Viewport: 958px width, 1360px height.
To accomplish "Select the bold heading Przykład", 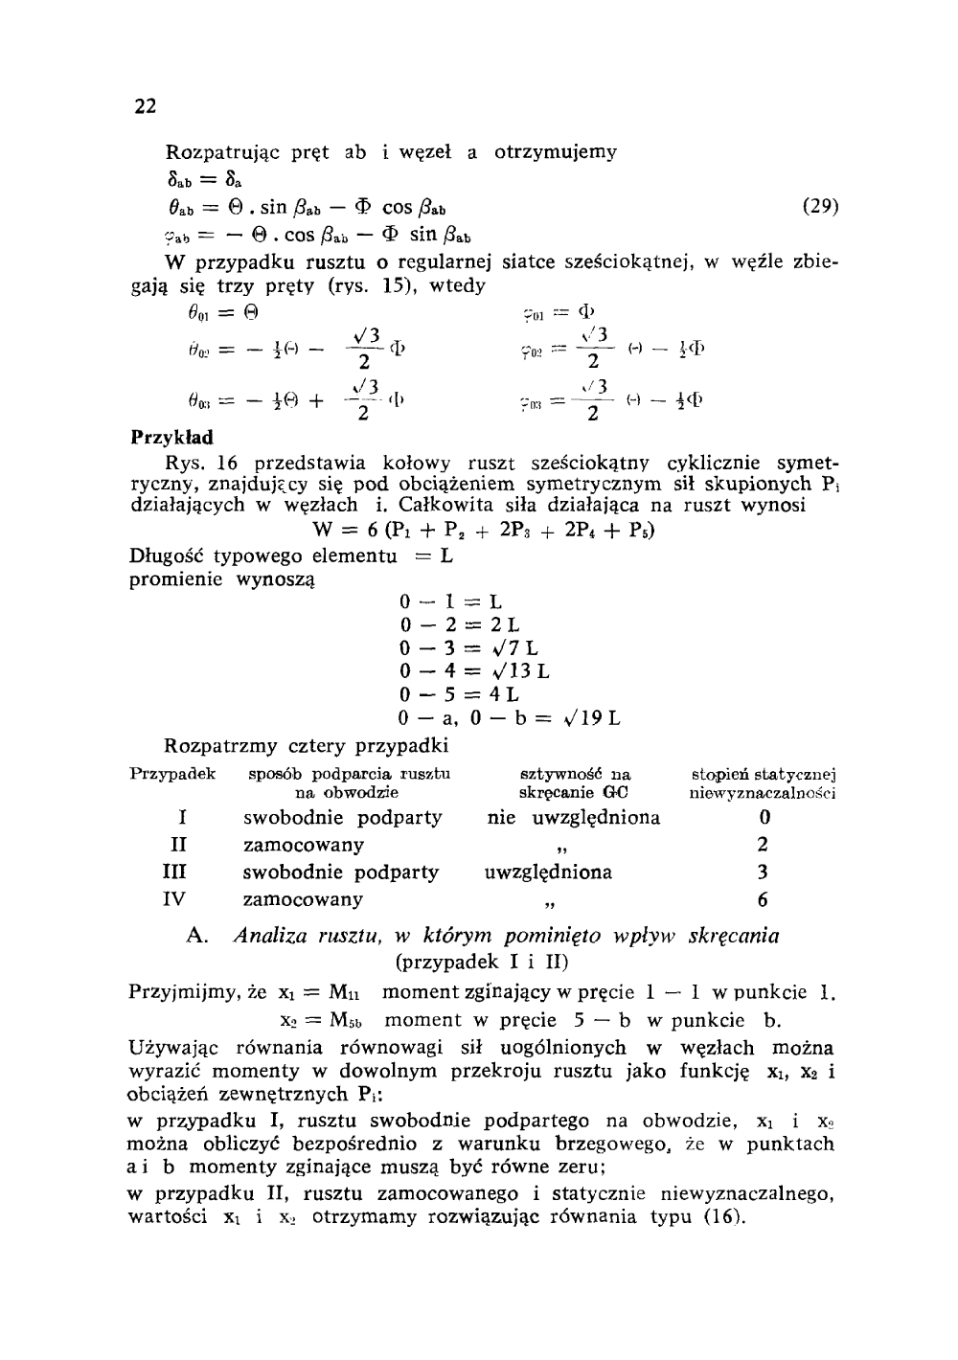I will [171, 437].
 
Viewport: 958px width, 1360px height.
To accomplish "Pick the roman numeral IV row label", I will [174, 899].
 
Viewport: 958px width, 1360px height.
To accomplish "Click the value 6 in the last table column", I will [763, 900].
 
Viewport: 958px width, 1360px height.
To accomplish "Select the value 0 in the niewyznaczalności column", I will [764, 818].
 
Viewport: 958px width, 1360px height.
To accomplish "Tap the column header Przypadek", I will [172, 774].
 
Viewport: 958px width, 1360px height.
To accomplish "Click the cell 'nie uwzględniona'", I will [573, 818].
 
